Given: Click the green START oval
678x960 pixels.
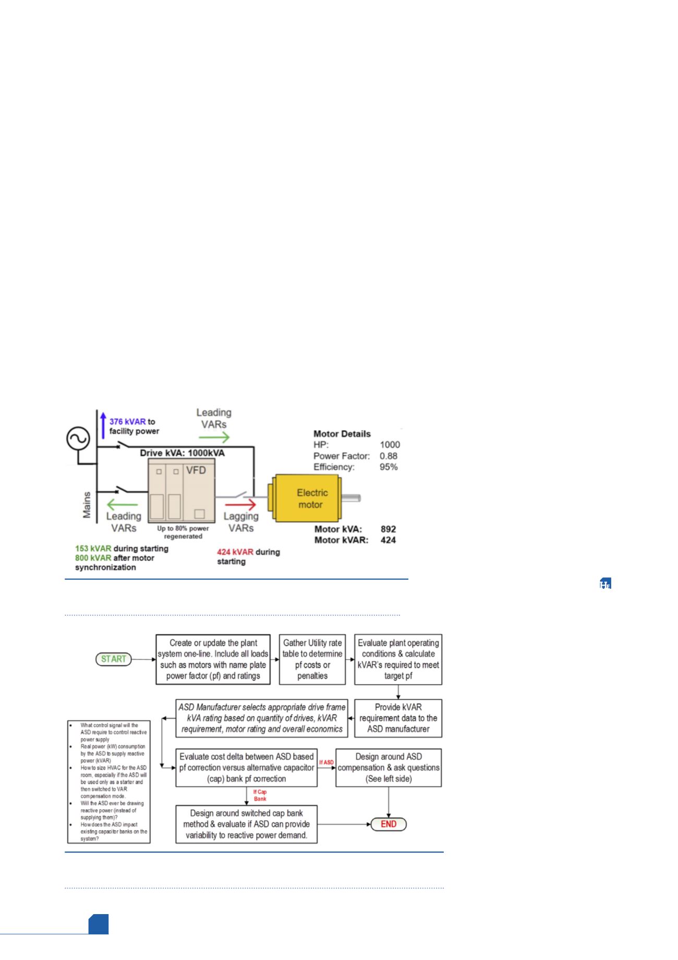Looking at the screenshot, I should tap(114, 659).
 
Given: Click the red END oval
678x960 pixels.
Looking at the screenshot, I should tap(389, 824).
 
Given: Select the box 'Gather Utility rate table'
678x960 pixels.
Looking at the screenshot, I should tap(312, 659).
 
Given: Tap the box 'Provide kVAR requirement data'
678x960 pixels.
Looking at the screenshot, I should tap(398, 718).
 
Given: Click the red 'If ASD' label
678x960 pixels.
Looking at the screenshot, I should tap(326, 762).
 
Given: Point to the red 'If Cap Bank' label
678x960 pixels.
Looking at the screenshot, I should tap(260, 795).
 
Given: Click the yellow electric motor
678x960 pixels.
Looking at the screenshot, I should tap(306, 499).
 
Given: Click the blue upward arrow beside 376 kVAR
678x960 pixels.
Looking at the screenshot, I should tap(103, 426).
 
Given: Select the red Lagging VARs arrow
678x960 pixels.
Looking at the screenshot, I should tap(241, 505).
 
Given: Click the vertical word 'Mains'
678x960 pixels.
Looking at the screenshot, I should tap(87, 505).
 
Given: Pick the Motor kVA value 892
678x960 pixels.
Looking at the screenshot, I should tap(388, 529).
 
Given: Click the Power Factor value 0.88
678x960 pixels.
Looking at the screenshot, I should tap(388, 456).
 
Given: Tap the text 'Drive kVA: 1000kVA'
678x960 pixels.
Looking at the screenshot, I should tap(182, 453).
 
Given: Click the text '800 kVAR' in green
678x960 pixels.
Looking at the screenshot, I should tap(93, 558).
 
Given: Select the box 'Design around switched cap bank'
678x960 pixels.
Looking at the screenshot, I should tap(246, 824).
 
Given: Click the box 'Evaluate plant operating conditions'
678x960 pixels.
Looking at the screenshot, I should tap(398, 659).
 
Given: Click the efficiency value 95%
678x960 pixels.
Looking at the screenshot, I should tap(389, 467).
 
